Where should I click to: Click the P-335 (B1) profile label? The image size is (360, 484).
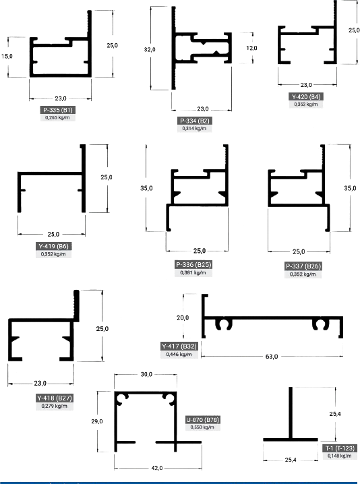click(58, 110)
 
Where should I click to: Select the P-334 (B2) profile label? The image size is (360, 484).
click(195, 121)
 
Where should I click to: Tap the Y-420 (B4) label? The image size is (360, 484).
click(306, 96)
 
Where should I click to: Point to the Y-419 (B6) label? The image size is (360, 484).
click(53, 246)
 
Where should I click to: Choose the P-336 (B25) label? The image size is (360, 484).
click(193, 264)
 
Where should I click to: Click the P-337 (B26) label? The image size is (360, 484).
click(303, 266)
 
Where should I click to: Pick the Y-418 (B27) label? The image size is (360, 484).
click(55, 398)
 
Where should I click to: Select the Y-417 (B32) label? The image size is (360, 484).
click(179, 346)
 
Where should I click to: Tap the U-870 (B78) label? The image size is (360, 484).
click(203, 420)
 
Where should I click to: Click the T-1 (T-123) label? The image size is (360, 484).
click(340, 448)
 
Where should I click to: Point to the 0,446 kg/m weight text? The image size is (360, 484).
click(179, 355)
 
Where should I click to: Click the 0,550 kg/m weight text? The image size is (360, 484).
click(202, 427)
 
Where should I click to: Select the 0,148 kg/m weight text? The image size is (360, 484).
click(340, 456)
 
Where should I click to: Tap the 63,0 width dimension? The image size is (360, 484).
click(272, 357)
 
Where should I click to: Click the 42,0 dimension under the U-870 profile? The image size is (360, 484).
click(157, 468)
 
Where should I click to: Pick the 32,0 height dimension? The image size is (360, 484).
click(150, 49)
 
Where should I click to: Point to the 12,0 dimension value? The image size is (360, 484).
click(251, 48)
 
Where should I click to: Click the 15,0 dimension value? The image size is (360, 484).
click(7, 56)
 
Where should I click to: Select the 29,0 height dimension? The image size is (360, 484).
click(97, 421)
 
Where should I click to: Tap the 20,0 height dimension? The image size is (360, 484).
click(183, 317)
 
